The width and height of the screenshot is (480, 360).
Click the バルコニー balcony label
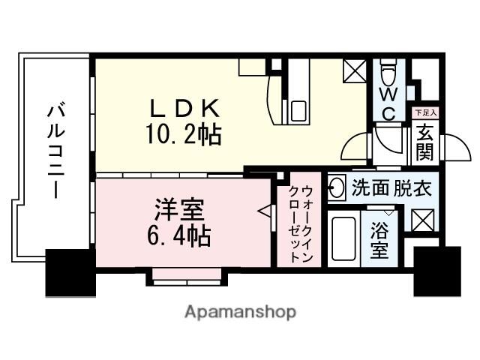click(55, 151)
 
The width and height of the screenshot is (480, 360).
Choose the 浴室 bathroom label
click(379, 239)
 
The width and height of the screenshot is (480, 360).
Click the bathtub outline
click(343, 239)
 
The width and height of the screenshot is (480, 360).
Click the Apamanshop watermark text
click(239, 311)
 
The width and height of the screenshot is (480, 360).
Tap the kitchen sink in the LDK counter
click(298, 109)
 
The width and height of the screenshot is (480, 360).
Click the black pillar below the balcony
click(70, 271)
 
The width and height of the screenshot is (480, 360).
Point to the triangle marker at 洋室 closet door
click(264, 212)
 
